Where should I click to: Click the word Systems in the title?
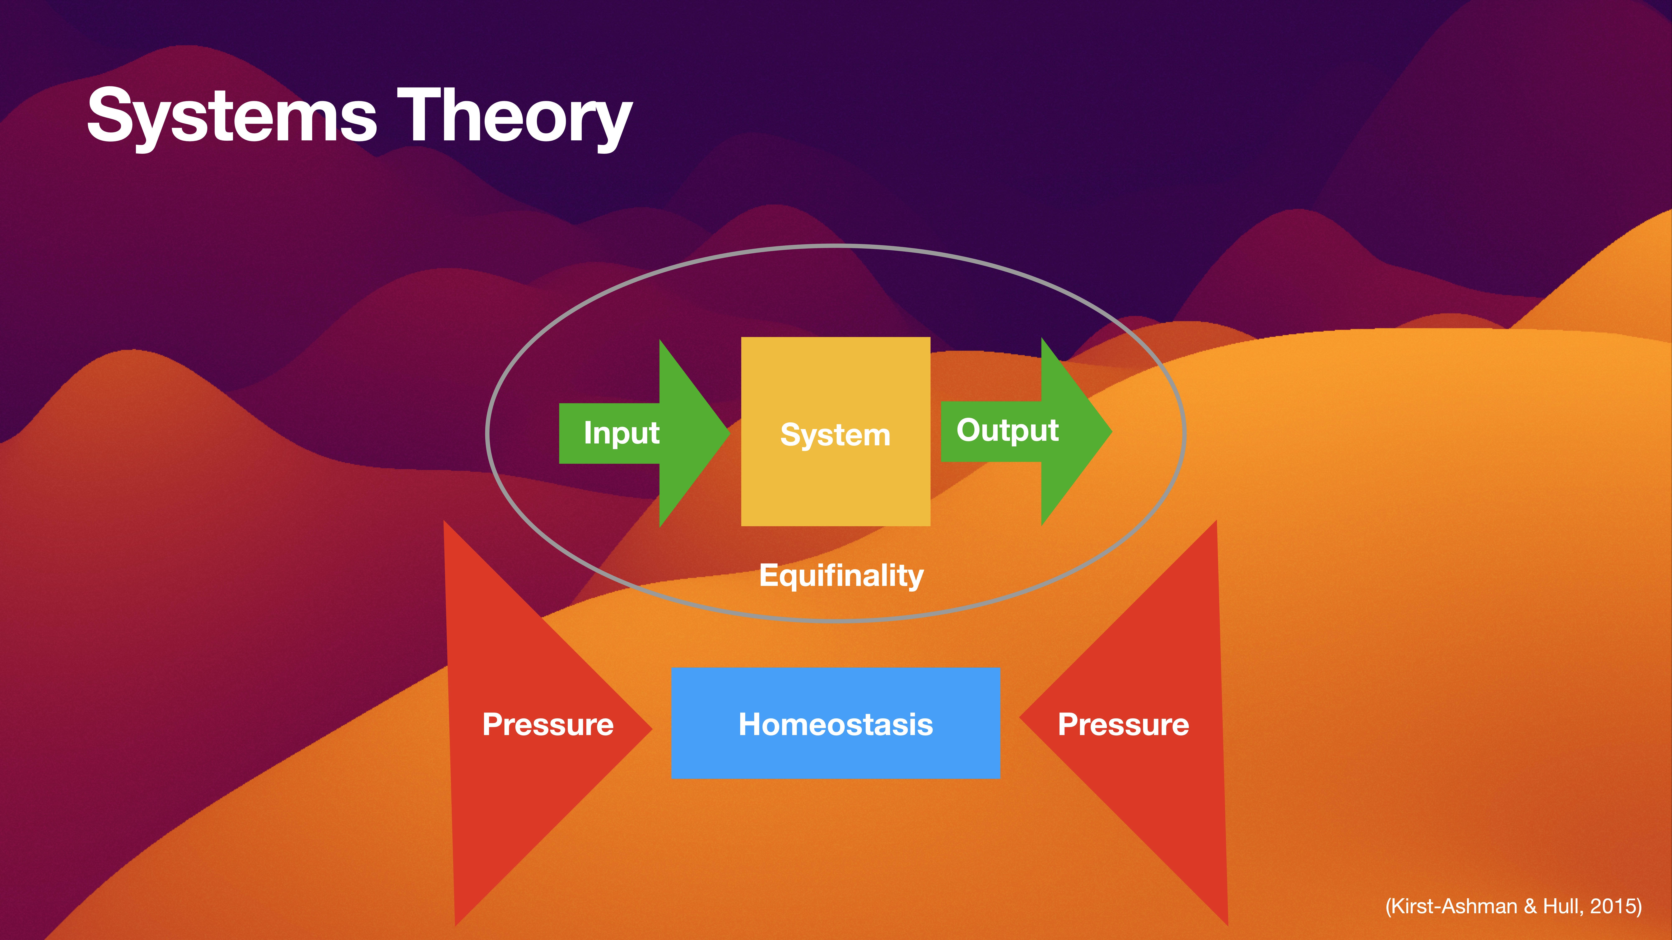[232, 117]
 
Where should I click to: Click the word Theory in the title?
[514, 117]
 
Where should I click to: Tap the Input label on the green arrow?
[621, 433]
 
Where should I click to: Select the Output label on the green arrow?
[1007, 430]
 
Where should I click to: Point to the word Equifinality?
[841, 575]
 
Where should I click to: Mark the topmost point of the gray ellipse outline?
[835, 246]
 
